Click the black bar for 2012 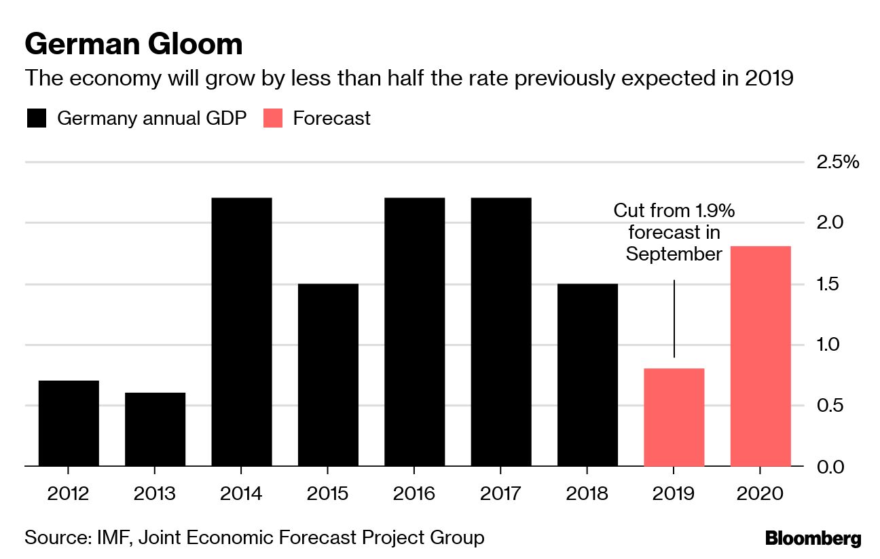coord(69,423)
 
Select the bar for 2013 coord(155,429)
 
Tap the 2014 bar coord(242,332)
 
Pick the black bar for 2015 coord(328,374)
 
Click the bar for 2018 coord(588,374)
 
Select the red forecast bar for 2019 coord(674,417)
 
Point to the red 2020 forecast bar coord(760,356)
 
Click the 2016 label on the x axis coord(415,493)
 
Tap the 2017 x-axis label coord(501,493)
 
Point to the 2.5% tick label coord(837,163)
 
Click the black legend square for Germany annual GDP coord(37,119)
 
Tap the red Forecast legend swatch coord(272,119)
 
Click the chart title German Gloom coord(134,45)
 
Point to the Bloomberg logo coord(813,539)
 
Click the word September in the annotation coord(674,254)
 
